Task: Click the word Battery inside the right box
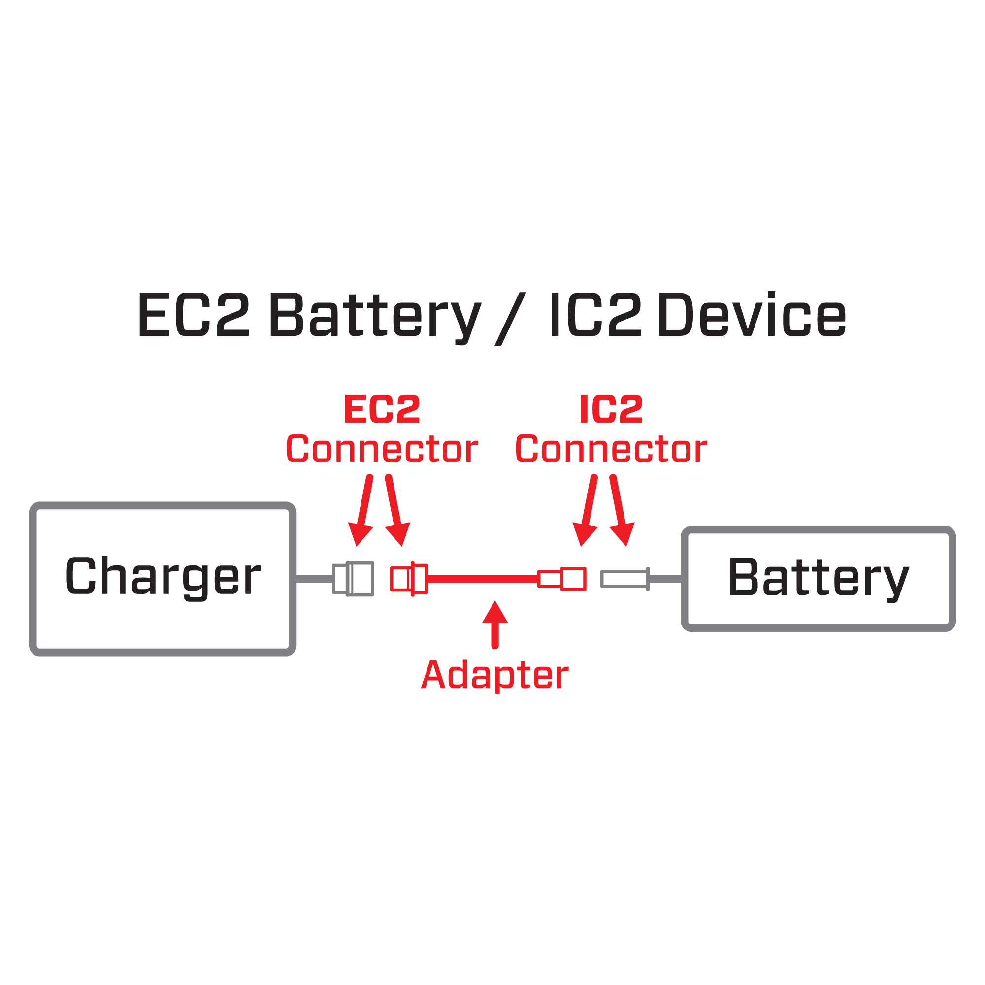pyautogui.click(x=818, y=578)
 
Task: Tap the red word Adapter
pyautogui.click(x=494, y=676)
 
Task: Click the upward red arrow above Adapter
pyautogui.click(x=494, y=624)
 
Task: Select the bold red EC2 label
pyautogui.click(x=382, y=409)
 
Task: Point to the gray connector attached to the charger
pyautogui.click(x=353, y=579)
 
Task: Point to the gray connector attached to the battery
pyautogui.click(x=625, y=579)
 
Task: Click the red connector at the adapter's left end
pyautogui.click(x=409, y=579)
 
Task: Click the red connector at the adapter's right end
pyautogui.click(x=562, y=579)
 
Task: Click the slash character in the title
pyautogui.click(x=510, y=319)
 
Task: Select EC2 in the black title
pyautogui.click(x=194, y=315)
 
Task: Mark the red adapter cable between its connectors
pyautogui.click(x=482, y=579)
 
